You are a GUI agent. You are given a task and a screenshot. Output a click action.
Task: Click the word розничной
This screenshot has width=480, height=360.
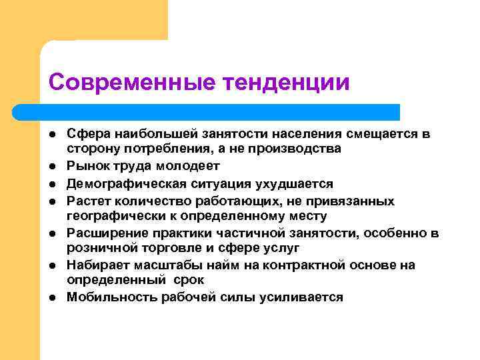pyautogui.click(x=99, y=247)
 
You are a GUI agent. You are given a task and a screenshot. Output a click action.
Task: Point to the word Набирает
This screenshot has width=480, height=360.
pyautogui.click(x=95, y=265)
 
